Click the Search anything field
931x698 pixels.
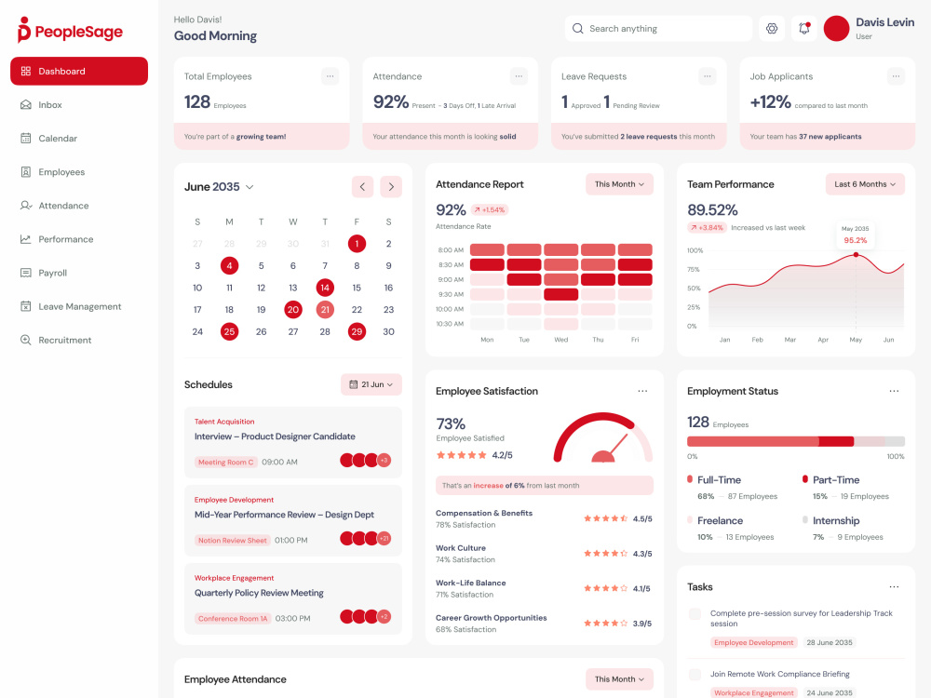pos(658,29)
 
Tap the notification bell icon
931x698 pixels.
pos(804,29)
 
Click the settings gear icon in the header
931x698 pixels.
pos(771,29)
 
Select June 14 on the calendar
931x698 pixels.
pos(325,288)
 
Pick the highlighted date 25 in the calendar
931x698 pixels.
pos(229,332)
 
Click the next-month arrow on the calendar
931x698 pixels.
pos(391,186)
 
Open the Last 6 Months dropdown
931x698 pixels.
pos(865,184)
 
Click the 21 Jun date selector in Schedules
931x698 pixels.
pos(371,384)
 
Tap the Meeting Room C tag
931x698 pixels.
pos(225,463)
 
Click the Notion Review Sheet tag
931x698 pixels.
pos(232,541)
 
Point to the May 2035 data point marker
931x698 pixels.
pos(856,255)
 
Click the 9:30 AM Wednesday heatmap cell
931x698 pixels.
pos(560,294)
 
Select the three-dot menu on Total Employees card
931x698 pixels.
pos(331,76)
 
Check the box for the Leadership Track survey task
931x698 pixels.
pos(695,613)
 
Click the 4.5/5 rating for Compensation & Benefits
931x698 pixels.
pos(641,518)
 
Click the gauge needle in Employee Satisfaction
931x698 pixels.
pos(618,446)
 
